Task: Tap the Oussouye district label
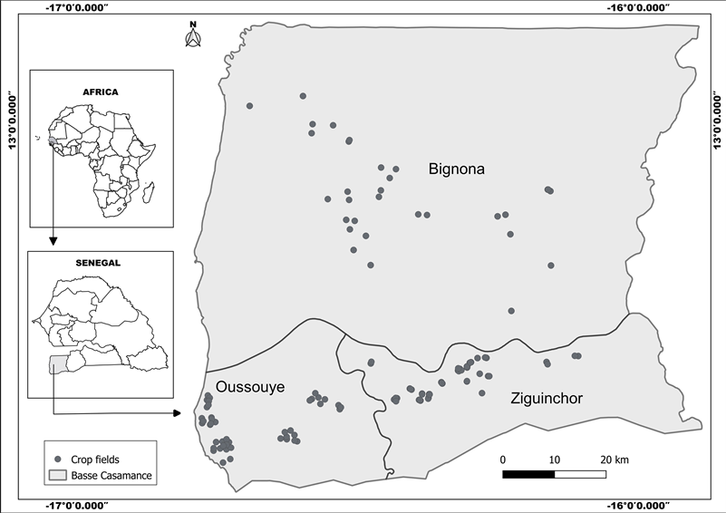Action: coord(248,387)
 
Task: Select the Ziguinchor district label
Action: coord(546,398)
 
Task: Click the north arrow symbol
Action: coord(191,36)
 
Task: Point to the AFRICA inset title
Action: coord(101,92)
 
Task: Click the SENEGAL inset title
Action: coord(100,262)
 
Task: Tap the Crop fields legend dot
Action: coord(58,460)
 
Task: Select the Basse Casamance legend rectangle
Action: coord(58,475)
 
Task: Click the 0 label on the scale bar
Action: coord(503,459)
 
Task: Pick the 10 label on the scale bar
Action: coord(554,459)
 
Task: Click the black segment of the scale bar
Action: coord(528,472)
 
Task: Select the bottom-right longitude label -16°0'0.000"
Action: coord(640,505)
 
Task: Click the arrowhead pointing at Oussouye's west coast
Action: coord(174,413)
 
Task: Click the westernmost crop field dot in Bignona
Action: coord(249,106)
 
